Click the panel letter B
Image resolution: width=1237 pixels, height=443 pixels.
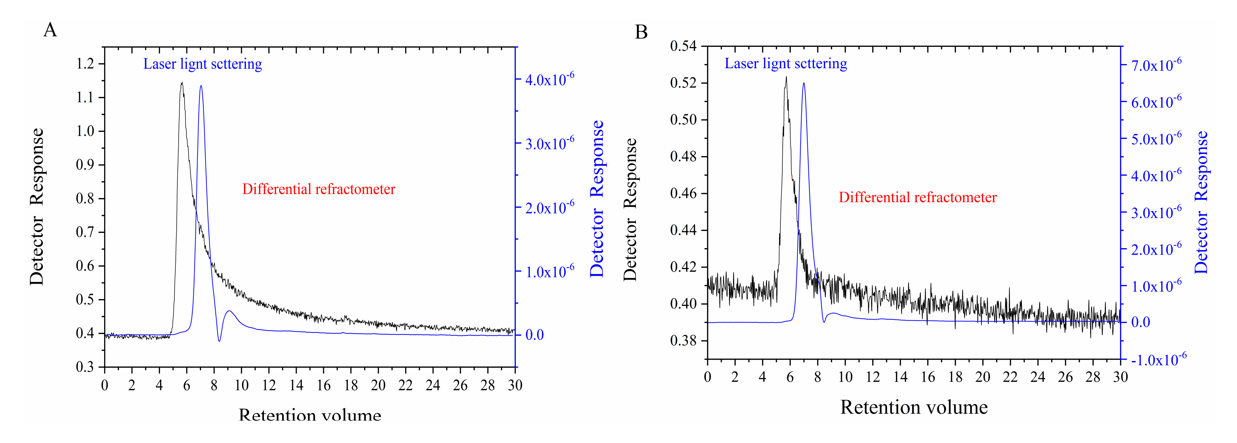pos(641,32)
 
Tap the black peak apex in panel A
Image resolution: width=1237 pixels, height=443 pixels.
pos(182,83)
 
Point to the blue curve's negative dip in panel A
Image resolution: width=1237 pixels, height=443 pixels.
pos(219,340)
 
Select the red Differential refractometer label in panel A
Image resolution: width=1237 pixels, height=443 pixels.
pos(318,189)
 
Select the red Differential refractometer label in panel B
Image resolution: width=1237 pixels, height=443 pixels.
pos(917,197)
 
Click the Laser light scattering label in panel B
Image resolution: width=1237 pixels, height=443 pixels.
pos(785,63)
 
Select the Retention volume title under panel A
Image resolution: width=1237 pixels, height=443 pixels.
pos(310,415)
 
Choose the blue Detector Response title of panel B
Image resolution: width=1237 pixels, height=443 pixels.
pos(1201,202)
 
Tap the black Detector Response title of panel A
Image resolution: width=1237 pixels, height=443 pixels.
pos(36,207)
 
